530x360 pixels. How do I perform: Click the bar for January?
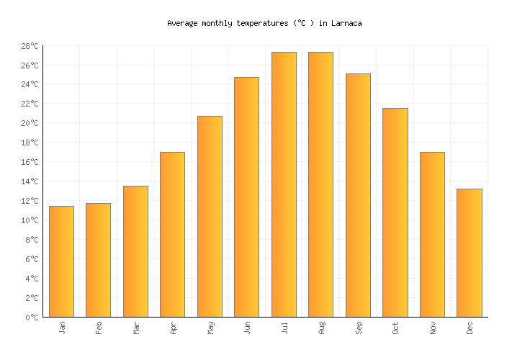(61, 261)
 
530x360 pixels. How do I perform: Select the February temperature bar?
(98, 260)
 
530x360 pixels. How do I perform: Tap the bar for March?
(135, 251)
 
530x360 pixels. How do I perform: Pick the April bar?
(172, 234)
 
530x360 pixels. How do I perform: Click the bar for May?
(210, 216)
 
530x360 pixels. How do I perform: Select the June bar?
(246, 197)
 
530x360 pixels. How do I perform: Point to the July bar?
(284, 184)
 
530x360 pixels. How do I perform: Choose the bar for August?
(320, 184)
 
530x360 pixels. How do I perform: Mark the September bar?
(358, 195)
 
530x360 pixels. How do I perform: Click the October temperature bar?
(395, 212)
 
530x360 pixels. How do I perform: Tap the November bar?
(432, 234)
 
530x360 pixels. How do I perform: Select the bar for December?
(469, 253)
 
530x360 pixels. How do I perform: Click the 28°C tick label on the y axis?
(30, 46)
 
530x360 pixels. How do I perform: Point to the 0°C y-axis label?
(32, 317)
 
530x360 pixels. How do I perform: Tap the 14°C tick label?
(30, 181)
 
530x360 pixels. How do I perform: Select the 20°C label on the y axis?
(30, 123)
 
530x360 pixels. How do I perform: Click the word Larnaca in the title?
(346, 23)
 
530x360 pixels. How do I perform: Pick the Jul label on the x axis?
(284, 328)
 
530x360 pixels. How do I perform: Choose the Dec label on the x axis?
(470, 328)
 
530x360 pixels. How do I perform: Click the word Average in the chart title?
(182, 23)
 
